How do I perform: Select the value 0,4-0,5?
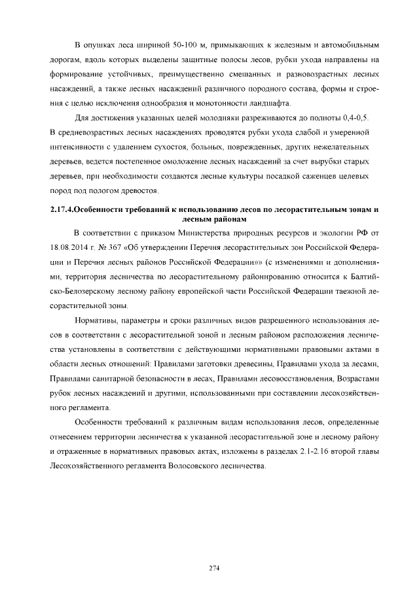click(x=354, y=118)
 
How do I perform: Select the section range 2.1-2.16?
click(x=302, y=451)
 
